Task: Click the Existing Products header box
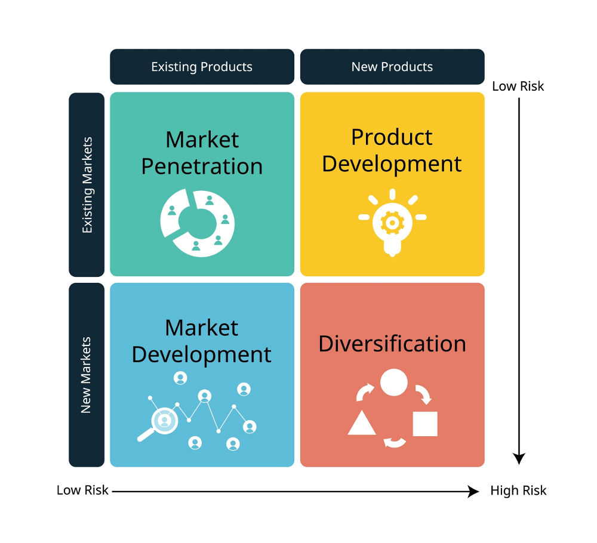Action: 202,67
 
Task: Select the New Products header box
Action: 392,67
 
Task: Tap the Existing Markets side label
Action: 87,184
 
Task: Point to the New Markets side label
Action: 87,375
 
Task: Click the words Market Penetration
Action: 202,153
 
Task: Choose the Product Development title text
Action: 392,151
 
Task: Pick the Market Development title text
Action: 202,341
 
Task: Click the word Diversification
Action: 392,344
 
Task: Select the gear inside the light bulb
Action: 392,223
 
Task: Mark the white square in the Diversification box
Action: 425,424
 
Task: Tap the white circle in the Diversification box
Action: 394,382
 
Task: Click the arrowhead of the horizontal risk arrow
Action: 474,491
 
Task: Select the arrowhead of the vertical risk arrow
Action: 519,459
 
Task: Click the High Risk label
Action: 518,490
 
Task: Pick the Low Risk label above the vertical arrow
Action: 518,87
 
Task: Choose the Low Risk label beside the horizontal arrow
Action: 82,490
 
